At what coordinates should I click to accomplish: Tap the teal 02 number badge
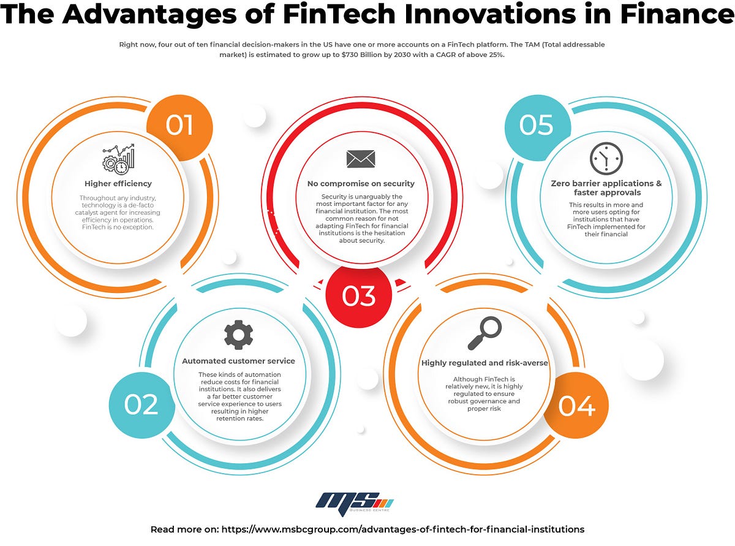(x=141, y=404)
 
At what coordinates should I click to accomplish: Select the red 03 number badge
(x=358, y=296)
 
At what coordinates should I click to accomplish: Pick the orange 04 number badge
(x=576, y=405)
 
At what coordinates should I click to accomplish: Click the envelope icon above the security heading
(x=361, y=158)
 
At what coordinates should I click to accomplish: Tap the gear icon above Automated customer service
(x=238, y=335)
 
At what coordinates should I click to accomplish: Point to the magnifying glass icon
(x=484, y=333)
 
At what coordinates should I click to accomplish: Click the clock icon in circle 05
(x=606, y=158)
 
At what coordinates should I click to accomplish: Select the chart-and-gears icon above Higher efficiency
(x=118, y=159)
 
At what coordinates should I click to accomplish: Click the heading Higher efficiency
(x=118, y=183)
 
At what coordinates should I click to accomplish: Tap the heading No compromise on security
(x=361, y=183)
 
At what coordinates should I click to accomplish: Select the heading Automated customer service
(x=238, y=361)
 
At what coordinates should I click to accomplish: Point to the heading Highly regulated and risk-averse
(x=484, y=363)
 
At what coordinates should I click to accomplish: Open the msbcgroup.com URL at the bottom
(x=402, y=529)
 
